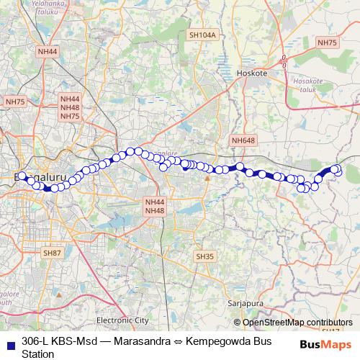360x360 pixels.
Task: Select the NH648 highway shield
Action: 243,140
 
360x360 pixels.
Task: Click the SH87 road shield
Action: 52,253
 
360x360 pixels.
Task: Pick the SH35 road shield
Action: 205,256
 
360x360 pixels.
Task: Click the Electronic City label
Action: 122,320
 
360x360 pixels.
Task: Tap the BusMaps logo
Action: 325,344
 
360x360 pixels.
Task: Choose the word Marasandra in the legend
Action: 132,341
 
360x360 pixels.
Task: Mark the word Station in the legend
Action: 38,354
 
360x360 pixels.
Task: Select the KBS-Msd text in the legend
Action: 74,341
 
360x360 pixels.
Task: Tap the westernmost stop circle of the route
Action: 22,176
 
